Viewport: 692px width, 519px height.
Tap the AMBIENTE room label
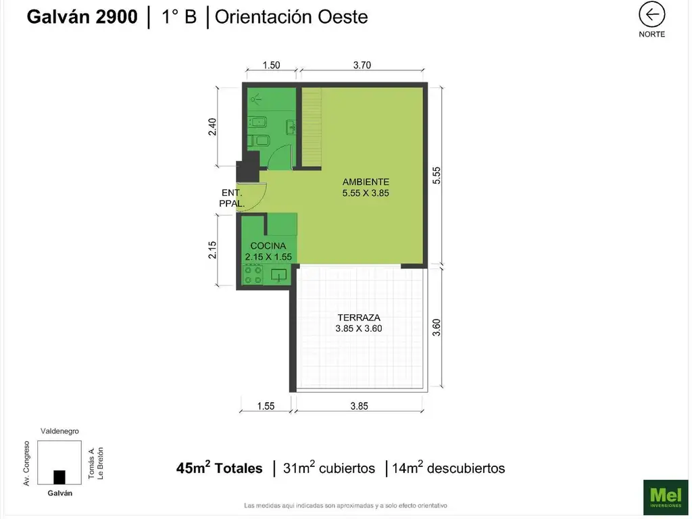pos(366,182)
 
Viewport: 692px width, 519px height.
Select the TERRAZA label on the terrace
pos(359,318)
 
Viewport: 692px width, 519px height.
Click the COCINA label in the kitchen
pos(268,246)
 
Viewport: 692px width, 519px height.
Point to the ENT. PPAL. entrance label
pos(232,198)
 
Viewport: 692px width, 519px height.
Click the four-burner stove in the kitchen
pos(253,274)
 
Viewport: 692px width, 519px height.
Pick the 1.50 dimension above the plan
pos(271,66)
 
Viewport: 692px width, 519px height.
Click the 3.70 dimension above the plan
pos(362,66)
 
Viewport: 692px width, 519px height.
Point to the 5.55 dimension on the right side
pos(436,175)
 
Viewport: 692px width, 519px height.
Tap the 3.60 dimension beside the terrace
pos(436,328)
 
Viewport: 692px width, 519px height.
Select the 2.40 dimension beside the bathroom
pos(212,127)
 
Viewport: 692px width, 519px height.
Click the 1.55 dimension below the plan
pos(266,406)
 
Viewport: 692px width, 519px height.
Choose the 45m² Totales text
pos(219,468)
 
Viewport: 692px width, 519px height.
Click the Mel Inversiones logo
pos(666,497)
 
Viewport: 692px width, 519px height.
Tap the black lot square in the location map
pos(59,477)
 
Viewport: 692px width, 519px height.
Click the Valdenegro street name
pos(59,431)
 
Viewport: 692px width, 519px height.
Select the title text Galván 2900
pos(82,17)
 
